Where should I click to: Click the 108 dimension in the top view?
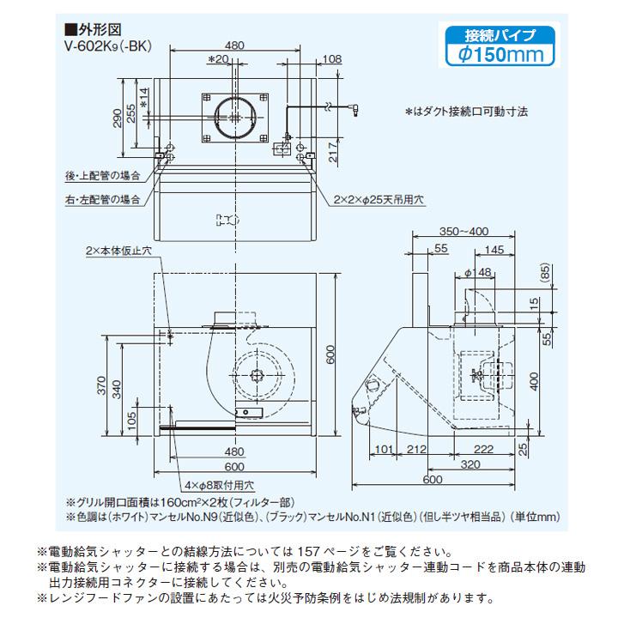330,59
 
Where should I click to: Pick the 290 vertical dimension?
118,118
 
